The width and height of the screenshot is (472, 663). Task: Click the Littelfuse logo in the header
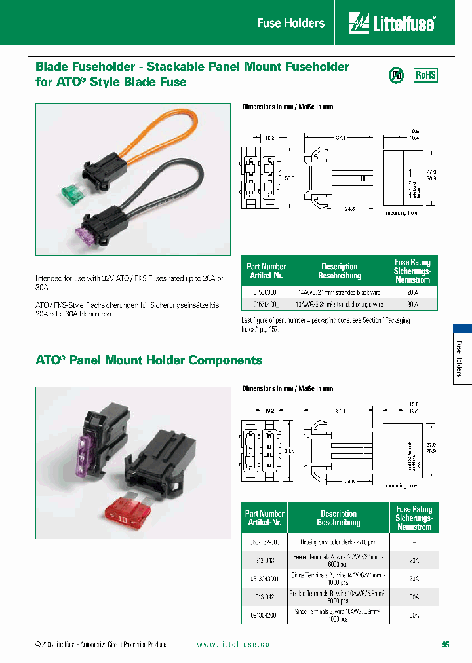click(x=391, y=23)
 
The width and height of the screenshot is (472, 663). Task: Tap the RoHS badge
click(x=425, y=75)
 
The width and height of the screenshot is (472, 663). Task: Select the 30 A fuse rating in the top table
click(x=412, y=305)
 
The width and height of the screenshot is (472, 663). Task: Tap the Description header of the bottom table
click(x=338, y=518)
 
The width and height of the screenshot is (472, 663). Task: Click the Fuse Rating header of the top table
click(x=412, y=271)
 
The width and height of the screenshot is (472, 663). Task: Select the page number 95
click(x=446, y=645)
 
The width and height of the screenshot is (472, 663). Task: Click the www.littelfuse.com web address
click(x=237, y=645)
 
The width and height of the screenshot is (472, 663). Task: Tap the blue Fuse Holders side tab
click(x=462, y=354)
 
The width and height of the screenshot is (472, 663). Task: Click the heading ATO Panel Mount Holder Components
click(x=149, y=360)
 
